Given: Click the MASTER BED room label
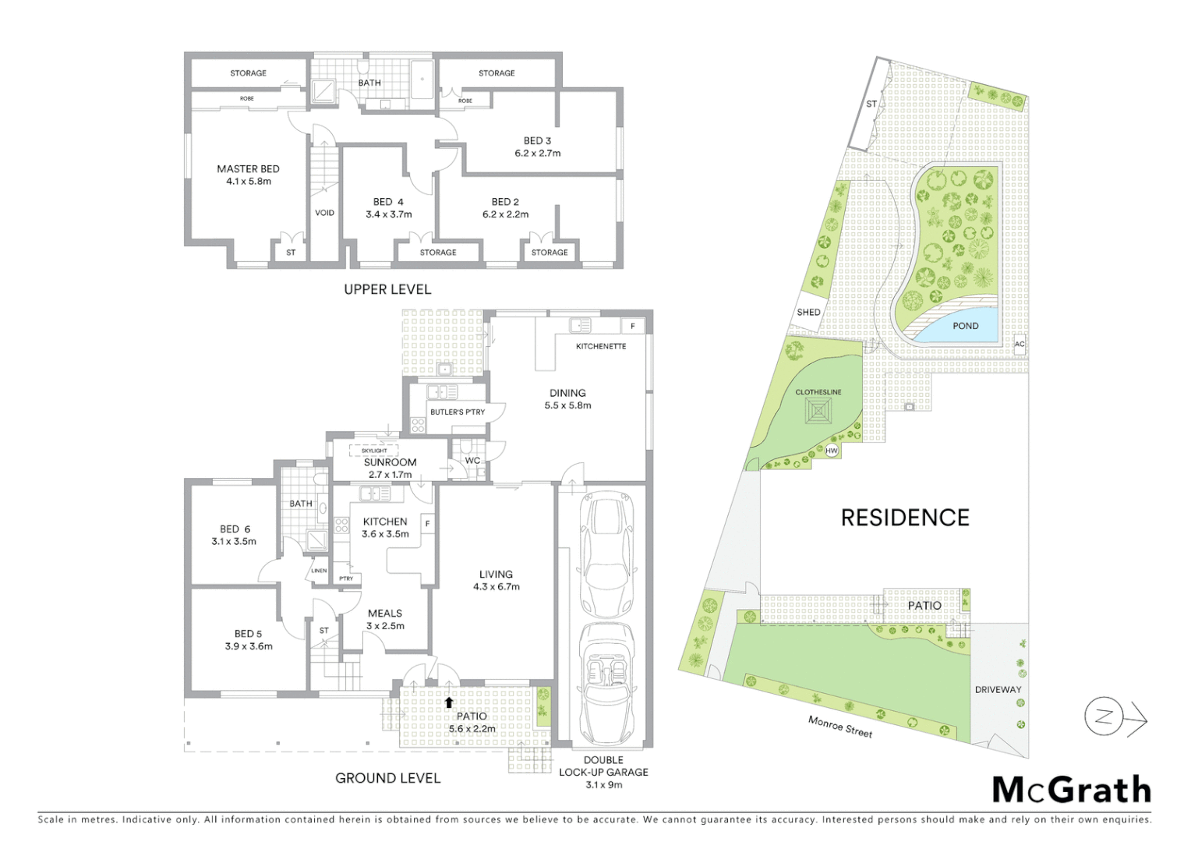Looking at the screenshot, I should tap(248, 169).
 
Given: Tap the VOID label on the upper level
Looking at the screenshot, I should tap(324, 213).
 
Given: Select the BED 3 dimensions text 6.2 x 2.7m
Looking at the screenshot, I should tap(537, 154).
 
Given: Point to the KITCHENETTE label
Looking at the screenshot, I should tap(600, 346).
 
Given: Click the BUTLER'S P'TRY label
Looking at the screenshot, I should tap(457, 412).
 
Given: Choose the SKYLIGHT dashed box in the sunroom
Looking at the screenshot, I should tap(374, 451).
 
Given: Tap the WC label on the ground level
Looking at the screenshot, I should tap(472, 461).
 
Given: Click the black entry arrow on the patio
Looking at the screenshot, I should tap(449, 702).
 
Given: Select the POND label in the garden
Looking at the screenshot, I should tap(965, 326).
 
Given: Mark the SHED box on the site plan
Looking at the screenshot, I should tap(808, 312).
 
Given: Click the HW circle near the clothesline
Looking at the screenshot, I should tap(832, 451).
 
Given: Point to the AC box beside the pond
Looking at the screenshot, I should tap(1020, 344).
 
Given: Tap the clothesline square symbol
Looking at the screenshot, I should tap(818, 411).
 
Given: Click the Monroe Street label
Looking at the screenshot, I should tap(839, 727).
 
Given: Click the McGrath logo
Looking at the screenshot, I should tap(1071, 790).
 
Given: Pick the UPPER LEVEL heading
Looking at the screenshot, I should tap(387, 289).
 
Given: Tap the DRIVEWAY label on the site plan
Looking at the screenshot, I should tap(998, 689).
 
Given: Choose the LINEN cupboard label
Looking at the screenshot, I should tap(320, 571).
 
